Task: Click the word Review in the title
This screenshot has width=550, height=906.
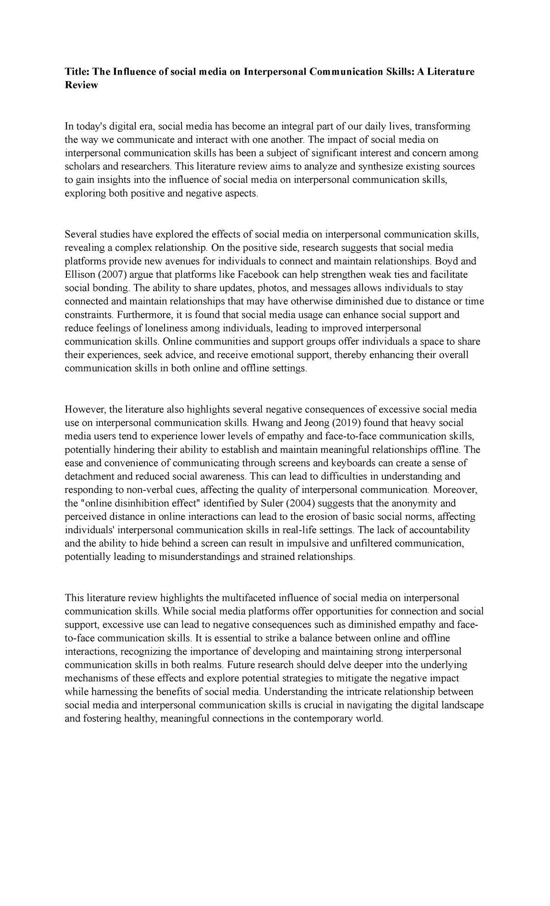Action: click(81, 85)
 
